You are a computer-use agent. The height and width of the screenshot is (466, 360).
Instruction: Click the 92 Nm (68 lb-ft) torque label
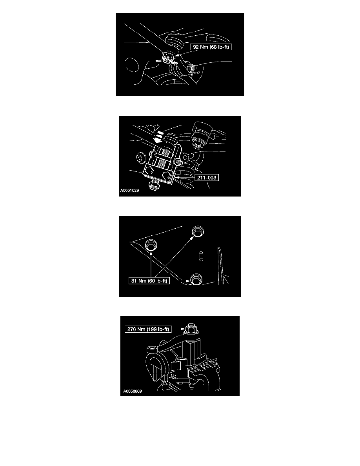[211, 47]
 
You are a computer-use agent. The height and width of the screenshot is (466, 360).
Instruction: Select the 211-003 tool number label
[206, 178]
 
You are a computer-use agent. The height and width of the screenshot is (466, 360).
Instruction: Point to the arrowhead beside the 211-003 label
[176, 178]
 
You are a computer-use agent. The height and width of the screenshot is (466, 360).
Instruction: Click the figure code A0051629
[129, 191]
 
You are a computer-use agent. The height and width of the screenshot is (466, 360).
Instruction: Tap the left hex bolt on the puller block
[149, 170]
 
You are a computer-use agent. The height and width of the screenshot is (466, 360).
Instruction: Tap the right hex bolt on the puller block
[167, 174]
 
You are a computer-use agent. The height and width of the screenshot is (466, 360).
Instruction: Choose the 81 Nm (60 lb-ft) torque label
[149, 280]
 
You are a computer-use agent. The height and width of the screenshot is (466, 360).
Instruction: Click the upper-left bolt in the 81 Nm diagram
[151, 246]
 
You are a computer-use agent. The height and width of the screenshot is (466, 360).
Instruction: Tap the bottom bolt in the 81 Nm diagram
[196, 280]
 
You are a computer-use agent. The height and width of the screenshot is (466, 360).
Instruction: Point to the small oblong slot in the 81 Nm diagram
[201, 255]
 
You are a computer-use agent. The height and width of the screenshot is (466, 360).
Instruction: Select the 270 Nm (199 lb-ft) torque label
[148, 329]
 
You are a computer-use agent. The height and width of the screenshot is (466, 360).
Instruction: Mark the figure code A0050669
[133, 391]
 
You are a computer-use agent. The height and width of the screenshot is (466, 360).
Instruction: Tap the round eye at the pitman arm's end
[152, 348]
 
